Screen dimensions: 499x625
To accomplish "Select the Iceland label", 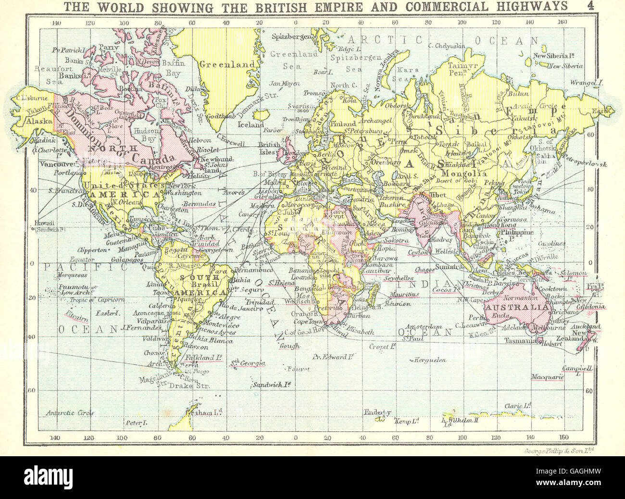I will [x=251, y=125].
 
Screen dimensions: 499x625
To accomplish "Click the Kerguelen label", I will [x=429, y=360].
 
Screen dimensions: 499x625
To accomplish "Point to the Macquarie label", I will [x=547, y=378].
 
